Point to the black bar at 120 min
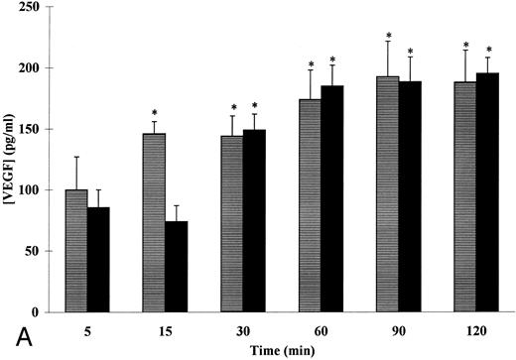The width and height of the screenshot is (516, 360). [x=487, y=192]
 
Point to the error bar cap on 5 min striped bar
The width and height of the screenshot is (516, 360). [x=76, y=157]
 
